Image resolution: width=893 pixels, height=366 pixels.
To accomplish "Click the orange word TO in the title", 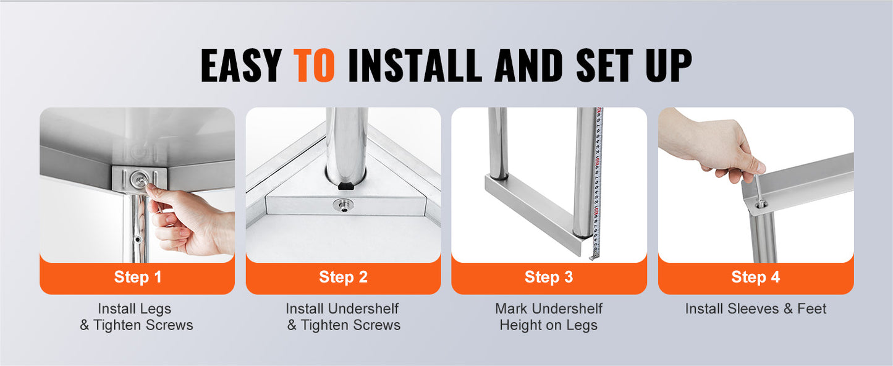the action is coord(314,66).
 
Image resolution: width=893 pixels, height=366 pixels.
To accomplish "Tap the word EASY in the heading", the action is coord(242,66).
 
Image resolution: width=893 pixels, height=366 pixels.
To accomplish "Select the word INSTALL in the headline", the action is coord(415,66).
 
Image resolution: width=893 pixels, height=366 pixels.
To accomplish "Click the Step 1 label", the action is coord(138,277).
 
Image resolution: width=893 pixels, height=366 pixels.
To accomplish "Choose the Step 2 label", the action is coord(343,277).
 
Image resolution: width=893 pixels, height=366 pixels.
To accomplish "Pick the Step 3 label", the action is coord(549,277).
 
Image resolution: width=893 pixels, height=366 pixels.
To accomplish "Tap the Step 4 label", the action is coord(755,277).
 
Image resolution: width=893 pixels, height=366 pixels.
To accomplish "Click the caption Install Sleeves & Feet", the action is coord(756,309).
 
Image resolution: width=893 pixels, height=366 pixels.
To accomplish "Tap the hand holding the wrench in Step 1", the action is coord(190,221).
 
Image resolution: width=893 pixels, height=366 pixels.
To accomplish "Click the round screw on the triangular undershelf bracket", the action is coord(343,205).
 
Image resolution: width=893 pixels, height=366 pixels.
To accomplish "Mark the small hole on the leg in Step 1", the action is coord(138,239).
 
